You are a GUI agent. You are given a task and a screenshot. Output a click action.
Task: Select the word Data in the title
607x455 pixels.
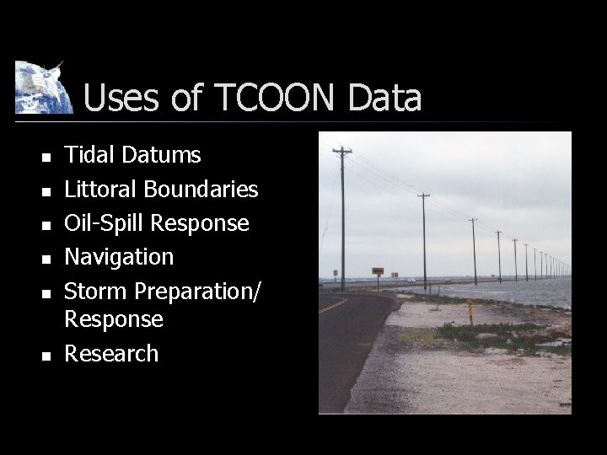click(384, 99)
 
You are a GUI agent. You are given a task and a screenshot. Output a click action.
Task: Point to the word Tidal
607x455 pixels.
click(90, 155)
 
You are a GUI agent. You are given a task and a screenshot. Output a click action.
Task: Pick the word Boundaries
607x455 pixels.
click(202, 189)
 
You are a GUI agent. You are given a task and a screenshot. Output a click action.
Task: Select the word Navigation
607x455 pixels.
click(119, 256)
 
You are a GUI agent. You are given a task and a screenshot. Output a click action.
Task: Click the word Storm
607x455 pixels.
click(96, 290)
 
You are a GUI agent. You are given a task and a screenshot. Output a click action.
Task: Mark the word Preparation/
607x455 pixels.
click(197, 292)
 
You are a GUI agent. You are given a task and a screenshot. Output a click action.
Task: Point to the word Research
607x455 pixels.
click(111, 353)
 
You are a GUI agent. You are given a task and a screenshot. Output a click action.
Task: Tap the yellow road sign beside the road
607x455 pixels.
click(378, 271)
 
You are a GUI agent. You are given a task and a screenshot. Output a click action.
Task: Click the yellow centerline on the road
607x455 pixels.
click(333, 304)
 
